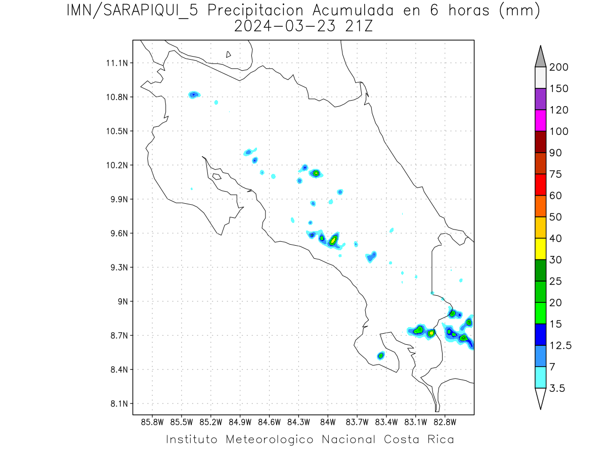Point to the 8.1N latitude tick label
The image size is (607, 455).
pyautogui.click(x=118, y=403)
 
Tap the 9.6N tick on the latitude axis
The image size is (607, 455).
pyautogui.click(x=118, y=233)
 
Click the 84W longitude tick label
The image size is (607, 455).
pyautogui.click(x=328, y=422)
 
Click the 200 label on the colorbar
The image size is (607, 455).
pyautogui.click(x=558, y=67)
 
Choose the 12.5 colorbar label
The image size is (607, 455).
pyautogui.click(x=560, y=345)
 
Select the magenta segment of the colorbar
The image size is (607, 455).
pyautogui.click(x=540, y=120)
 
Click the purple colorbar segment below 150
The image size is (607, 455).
pyautogui.click(x=540, y=99)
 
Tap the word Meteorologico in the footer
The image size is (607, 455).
pyautogui.click(x=274, y=439)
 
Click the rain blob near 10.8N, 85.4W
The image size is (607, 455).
pyautogui.click(x=194, y=95)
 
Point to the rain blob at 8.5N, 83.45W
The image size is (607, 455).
pyautogui.click(x=381, y=355)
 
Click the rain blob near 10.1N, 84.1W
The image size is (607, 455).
pyautogui.click(x=316, y=173)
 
